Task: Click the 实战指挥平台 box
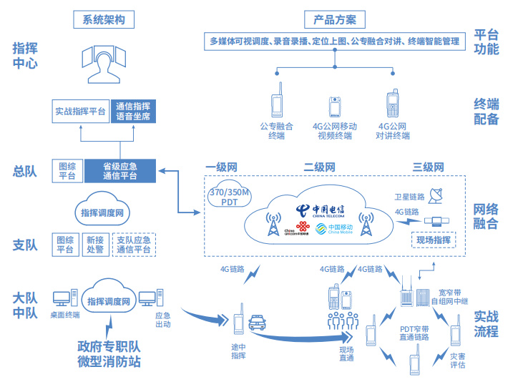[x=80, y=111]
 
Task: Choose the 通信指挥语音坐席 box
[x=133, y=111]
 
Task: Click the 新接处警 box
[x=94, y=245]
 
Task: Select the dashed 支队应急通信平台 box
[x=133, y=245]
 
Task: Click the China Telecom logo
[x=320, y=210]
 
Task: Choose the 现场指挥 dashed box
[x=433, y=240]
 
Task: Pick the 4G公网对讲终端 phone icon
[x=392, y=103]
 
